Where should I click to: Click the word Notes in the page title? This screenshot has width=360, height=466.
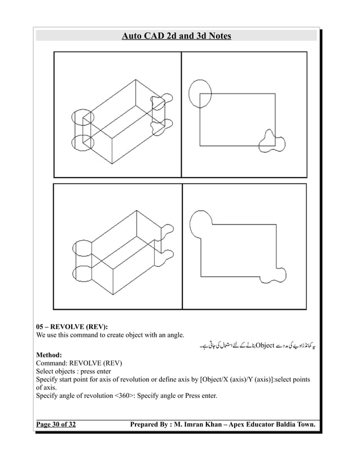[216, 37]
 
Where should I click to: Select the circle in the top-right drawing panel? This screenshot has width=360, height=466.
[200, 93]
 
